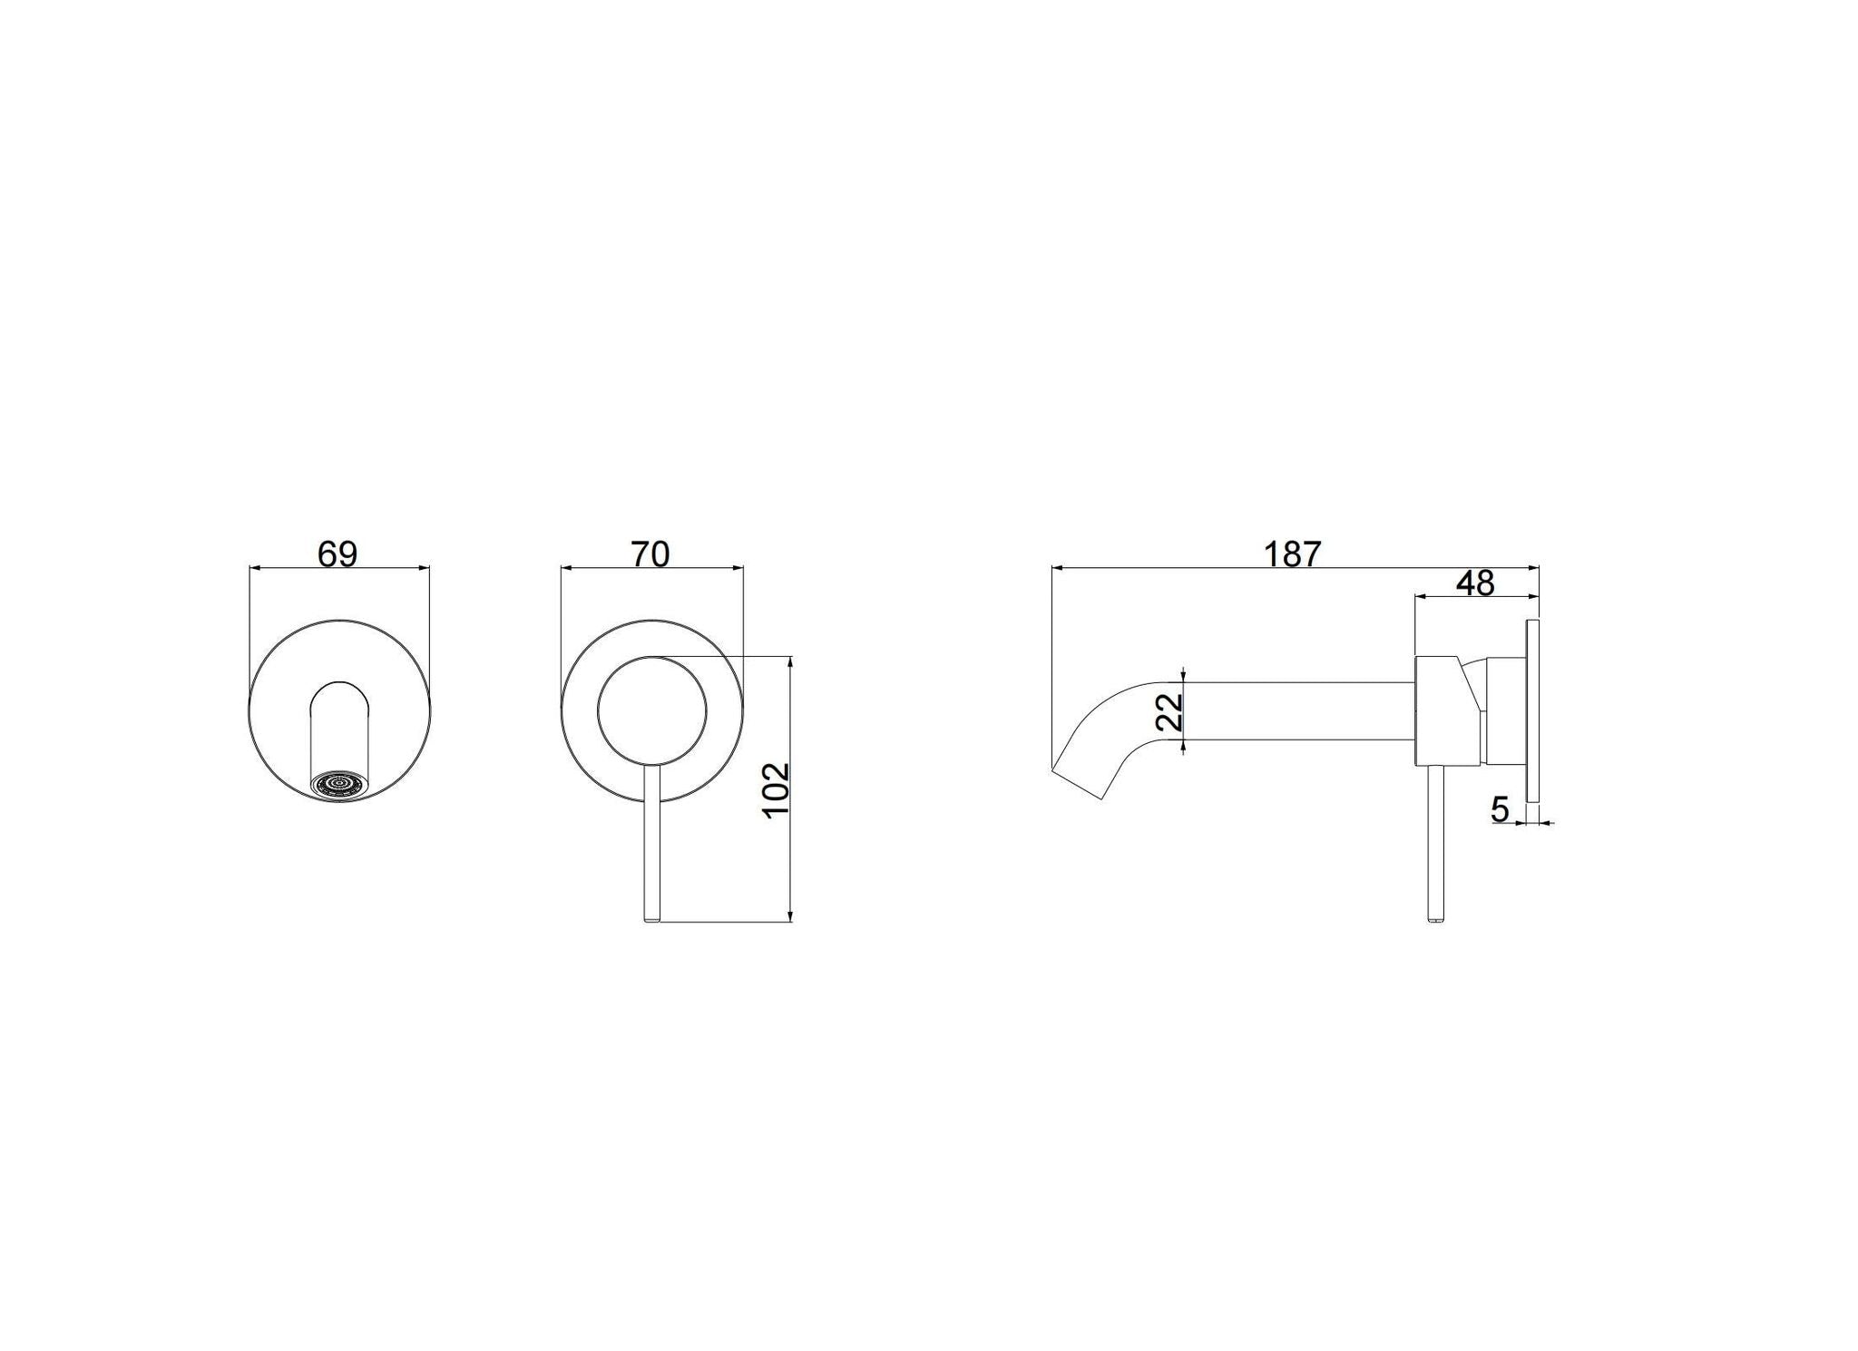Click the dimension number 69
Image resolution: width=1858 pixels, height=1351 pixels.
337,553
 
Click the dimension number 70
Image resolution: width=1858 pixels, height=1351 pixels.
650,553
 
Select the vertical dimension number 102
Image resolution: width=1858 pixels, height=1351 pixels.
777,790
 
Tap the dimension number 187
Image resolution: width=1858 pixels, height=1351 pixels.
1294,553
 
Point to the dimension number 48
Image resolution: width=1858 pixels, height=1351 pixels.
1475,583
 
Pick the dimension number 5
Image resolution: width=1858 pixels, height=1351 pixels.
1500,808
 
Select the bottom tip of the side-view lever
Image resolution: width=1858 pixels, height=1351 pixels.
1433,920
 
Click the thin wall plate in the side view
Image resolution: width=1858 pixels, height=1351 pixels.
1534,710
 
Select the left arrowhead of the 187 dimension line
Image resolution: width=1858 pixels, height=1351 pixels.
1057,568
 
